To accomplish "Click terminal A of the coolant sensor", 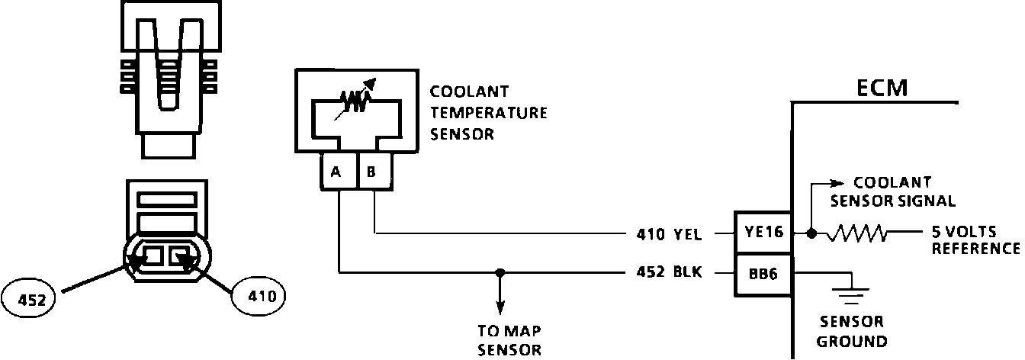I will point(336,171).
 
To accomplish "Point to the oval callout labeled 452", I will point(30,299).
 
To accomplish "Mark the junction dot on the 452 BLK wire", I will point(500,272).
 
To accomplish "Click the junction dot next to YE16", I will point(811,233).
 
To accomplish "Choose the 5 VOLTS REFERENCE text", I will point(975,239).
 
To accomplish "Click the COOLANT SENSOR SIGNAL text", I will point(892,192).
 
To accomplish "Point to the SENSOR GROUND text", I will point(851,331).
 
